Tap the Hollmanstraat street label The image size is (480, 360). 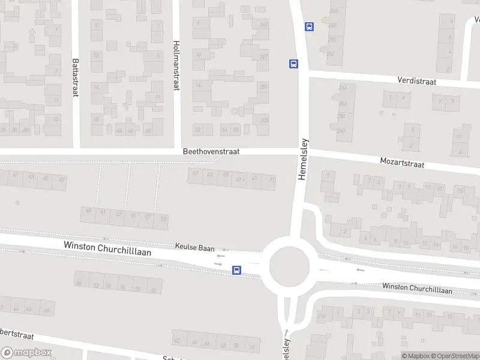pos(176,65)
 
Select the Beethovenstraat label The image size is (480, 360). pos(211,152)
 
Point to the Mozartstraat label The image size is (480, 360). pos(402,163)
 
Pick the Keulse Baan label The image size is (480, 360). pos(194,246)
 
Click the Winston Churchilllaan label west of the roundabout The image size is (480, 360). pos(107,248)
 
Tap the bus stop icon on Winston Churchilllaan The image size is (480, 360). pos(237,271)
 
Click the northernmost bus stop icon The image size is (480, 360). pos(309,26)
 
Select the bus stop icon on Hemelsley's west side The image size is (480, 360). pos(293,64)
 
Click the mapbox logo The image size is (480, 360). pos(26,353)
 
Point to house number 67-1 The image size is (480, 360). pos(241,178)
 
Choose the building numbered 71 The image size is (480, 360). pos(272,179)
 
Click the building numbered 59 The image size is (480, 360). pos(163,218)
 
